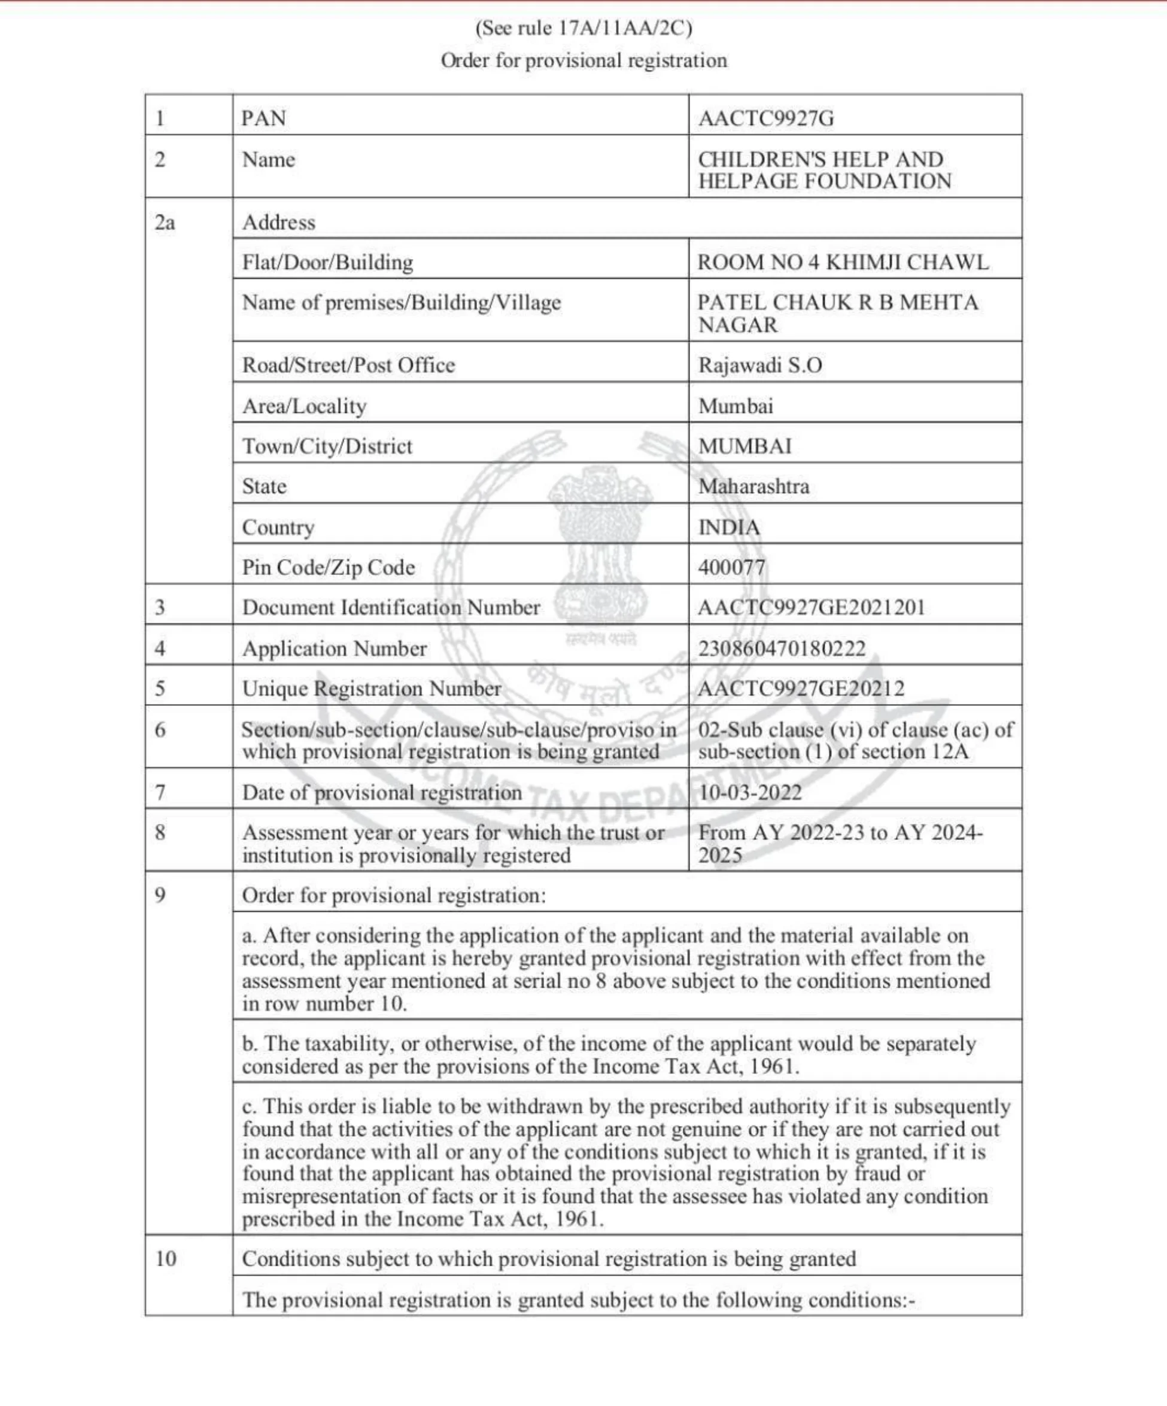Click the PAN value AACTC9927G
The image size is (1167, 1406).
pos(766,118)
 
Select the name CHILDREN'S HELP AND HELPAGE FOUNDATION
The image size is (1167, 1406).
pos(823,170)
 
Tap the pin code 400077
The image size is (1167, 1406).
pos(731,568)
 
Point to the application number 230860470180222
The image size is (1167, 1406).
pos(782,648)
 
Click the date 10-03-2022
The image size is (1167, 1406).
pos(750,793)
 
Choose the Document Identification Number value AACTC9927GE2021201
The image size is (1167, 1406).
pos(811,607)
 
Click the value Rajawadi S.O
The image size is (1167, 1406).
pos(760,365)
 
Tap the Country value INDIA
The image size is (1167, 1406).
pos(729,528)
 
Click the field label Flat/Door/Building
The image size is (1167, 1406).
pos(327,262)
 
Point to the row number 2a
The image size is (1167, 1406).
pos(165,223)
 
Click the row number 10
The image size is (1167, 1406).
pos(165,1259)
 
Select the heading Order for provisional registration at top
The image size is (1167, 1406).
pos(583,61)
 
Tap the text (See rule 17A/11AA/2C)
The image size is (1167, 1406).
pos(583,28)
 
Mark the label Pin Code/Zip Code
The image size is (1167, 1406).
pos(328,568)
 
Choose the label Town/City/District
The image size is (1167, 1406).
pos(327,446)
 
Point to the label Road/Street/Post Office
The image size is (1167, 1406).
pos(348,365)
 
